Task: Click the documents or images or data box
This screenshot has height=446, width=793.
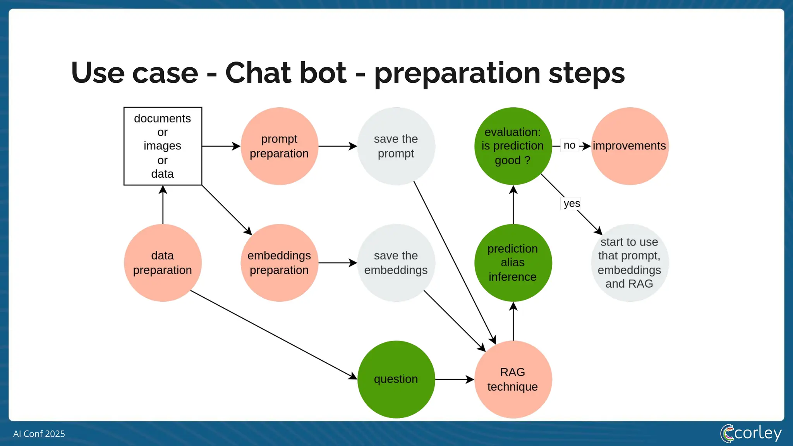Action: click(x=163, y=146)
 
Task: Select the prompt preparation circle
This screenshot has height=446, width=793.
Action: click(x=279, y=146)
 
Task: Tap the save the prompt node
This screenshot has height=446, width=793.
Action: click(x=396, y=146)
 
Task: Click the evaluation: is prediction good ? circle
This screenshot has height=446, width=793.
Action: click(x=513, y=146)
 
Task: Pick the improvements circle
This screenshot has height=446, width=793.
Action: click(x=630, y=146)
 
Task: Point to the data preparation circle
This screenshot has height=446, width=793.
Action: click(x=163, y=263)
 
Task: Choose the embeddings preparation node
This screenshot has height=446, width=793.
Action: click(x=279, y=263)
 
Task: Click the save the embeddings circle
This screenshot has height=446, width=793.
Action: click(x=396, y=263)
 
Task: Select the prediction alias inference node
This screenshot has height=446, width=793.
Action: click(x=513, y=263)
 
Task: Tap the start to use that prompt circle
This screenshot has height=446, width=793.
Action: click(x=630, y=263)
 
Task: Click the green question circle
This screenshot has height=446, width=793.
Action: click(x=396, y=379)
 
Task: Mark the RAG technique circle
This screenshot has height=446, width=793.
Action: click(x=513, y=379)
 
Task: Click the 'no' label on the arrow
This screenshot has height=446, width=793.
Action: click(x=569, y=146)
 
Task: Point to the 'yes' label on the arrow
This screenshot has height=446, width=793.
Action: click(x=572, y=204)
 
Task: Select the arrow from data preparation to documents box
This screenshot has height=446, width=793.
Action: click(x=163, y=205)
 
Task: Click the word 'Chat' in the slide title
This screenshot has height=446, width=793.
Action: click(x=286, y=73)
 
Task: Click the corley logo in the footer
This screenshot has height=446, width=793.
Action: click(x=751, y=433)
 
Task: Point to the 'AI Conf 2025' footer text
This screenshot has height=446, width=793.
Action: click(x=39, y=434)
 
